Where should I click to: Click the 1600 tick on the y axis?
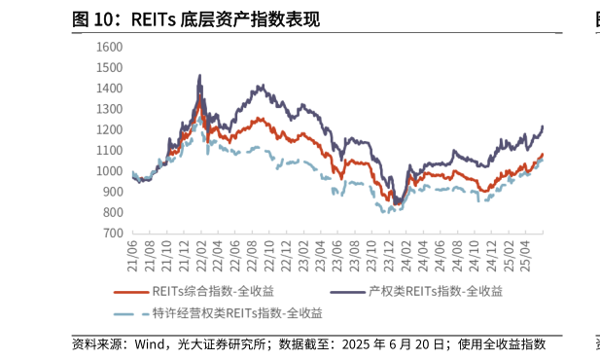[109, 47]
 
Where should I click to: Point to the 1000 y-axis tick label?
[109, 171]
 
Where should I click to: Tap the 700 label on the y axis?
[112, 234]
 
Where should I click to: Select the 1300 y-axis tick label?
[109, 109]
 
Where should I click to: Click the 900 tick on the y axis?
[112, 192]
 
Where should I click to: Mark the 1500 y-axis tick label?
[109, 67]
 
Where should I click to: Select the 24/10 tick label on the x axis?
[471, 251]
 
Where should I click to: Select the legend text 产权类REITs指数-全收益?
[435, 291]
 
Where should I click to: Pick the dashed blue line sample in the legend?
[131, 313]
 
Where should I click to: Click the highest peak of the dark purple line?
[199, 75]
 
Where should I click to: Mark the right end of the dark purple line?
[542, 126]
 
